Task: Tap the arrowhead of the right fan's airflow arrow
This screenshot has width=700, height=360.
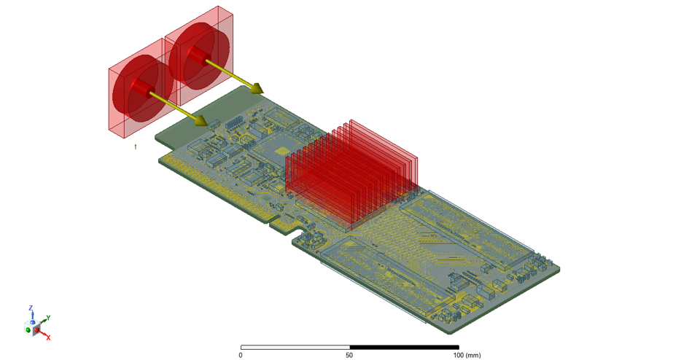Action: (x=257, y=87)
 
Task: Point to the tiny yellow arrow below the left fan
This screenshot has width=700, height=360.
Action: (x=136, y=146)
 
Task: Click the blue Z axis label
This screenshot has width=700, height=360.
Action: (x=31, y=308)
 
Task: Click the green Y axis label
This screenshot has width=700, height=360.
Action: (x=48, y=318)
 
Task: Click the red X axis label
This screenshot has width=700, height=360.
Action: (x=48, y=337)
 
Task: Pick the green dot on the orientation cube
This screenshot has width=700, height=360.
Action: (x=28, y=329)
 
